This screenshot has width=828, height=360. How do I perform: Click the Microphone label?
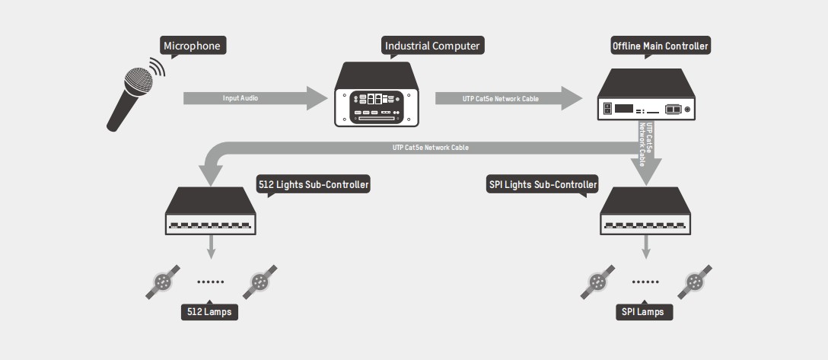point(192,46)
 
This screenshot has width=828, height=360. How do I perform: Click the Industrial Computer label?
point(432,46)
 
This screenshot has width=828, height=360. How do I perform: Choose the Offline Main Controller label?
point(661,46)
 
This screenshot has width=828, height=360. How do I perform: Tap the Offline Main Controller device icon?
point(647,95)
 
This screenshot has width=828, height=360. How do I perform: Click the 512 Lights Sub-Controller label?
point(314,184)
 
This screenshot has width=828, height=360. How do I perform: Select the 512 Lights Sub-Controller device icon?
point(212,211)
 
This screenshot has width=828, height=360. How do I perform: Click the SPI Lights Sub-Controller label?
point(542,184)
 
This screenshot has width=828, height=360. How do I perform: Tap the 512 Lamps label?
point(209,312)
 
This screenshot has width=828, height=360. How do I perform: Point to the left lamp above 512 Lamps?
point(163,282)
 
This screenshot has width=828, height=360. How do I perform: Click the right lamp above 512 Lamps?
point(260,282)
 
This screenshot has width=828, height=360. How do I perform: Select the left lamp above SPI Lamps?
point(598,282)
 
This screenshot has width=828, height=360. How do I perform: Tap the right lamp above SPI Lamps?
point(696,282)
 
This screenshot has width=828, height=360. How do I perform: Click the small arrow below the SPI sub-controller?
point(648,247)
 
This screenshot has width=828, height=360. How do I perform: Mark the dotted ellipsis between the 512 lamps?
point(211,282)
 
